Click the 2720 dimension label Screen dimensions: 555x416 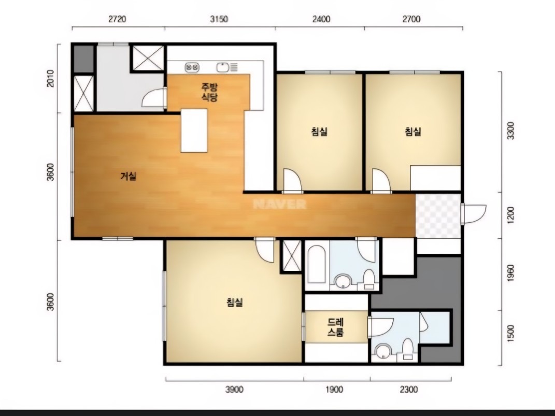[117, 19]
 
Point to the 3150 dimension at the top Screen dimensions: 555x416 [219, 19]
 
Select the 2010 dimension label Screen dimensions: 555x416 [51, 79]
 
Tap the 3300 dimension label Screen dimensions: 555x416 [510, 131]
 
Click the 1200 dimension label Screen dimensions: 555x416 [510, 215]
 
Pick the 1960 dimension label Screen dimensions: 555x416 [510, 274]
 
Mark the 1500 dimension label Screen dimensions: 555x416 [510, 334]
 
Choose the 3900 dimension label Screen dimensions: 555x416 [234, 390]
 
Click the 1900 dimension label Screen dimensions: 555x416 [334, 390]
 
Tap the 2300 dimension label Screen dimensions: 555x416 [409, 390]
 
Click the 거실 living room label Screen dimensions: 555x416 [128, 176]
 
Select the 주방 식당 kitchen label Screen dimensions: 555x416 [209, 92]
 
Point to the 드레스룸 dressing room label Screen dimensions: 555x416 [335, 327]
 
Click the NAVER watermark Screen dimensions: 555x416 [280, 204]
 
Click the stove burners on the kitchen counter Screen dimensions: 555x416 [192, 67]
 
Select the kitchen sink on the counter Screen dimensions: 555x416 [223, 67]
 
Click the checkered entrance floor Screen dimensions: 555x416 [438, 216]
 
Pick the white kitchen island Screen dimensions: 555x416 [194, 131]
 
